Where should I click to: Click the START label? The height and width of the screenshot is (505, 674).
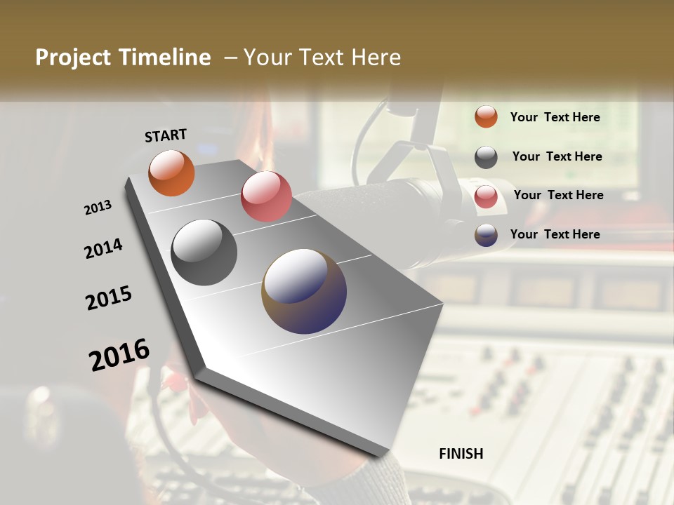coord(166,135)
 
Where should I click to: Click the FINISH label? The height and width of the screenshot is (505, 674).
coord(461,454)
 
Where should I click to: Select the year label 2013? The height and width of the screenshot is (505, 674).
coord(98,208)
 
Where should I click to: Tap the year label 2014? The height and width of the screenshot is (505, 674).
coord(103,249)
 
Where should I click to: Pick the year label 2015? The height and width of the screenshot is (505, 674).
coord(109,298)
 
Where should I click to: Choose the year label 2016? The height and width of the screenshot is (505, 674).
coord(119,354)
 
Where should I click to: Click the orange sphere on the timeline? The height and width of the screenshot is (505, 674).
coord(171,173)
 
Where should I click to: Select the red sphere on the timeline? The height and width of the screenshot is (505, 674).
coord(266,196)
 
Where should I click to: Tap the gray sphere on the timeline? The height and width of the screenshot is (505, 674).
coord(204,252)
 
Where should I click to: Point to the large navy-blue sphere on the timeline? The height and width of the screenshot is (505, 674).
coord(304,290)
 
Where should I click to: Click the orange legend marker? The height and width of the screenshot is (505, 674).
coord(486,116)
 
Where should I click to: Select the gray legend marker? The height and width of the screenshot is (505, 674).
coord(486,157)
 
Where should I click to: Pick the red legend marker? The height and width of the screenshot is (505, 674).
coord(486,196)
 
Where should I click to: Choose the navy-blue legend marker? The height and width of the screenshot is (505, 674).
coord(486,235)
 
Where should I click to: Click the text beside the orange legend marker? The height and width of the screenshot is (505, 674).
coord(555,117)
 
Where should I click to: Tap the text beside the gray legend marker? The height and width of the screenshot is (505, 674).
coord(557,156)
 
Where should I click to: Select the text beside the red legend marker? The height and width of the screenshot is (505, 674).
coord(558,195)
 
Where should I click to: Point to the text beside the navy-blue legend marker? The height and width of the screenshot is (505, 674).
coord(555,234)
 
